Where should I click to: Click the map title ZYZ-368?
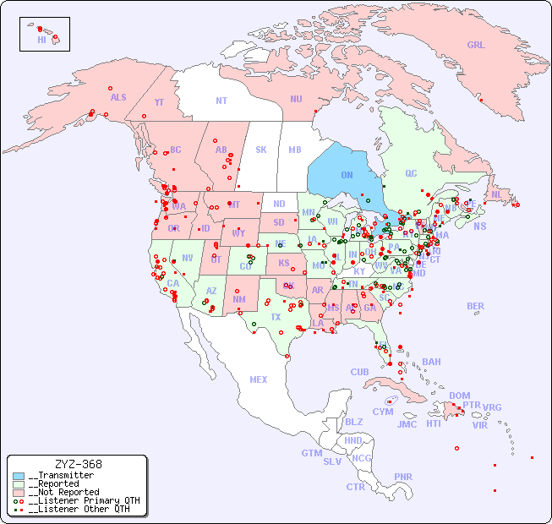(x=78, y=464)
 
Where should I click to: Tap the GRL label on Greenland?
(x=476, y=46)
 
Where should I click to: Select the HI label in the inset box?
(x=41, y=40)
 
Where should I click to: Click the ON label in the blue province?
(x=347, y=175)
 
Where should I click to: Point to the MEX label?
(x=259, y=379)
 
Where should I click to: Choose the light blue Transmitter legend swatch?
(x=19, y=476)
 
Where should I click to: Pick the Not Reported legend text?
(x=63, y=492)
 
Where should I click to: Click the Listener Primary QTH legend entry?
(x=78, y=500)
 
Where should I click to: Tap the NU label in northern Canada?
(x=296, y=99)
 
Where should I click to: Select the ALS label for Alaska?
(x=118, y=97)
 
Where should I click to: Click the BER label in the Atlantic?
(x=476, y=306)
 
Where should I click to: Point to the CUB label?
(x=359, y=372)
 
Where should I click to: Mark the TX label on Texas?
(x=276, y=317)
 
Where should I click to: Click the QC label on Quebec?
(x=411, y=173)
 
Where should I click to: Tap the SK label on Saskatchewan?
(x=261, y=150)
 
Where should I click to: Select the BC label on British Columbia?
(x=176, y=150)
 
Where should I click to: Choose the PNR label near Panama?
(x=403, y=477)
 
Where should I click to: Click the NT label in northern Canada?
(x=221, y=100)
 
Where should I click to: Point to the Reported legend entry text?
(x=57, y=483)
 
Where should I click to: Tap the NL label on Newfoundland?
(x=496, y=194)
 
